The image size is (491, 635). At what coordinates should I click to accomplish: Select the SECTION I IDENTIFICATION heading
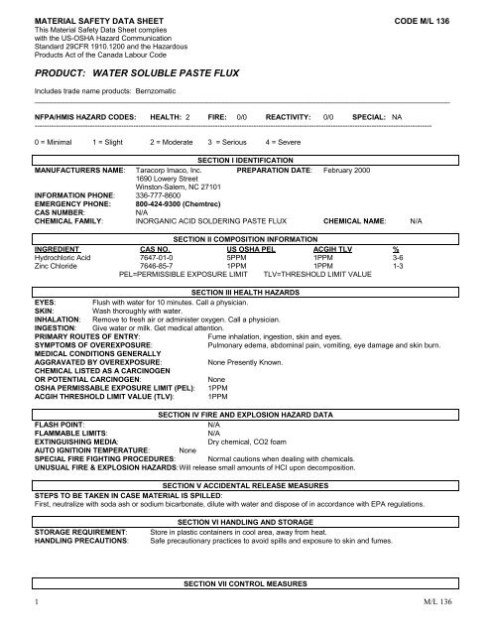(244, 159)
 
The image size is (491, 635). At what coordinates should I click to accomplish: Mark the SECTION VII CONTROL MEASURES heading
(244, 606)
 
